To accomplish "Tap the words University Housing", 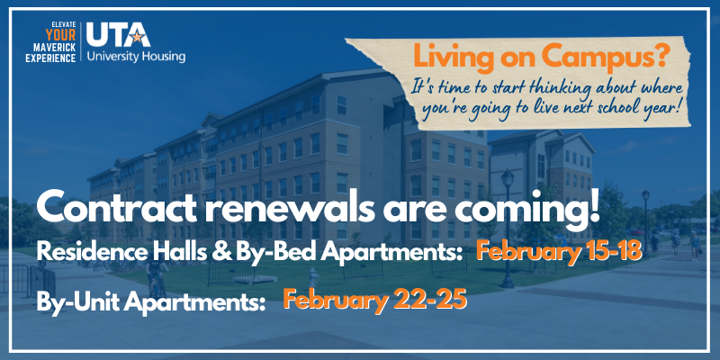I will [136, 57].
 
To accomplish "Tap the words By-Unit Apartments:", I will [148, 301].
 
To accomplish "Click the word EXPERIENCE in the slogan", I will [47, 56].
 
